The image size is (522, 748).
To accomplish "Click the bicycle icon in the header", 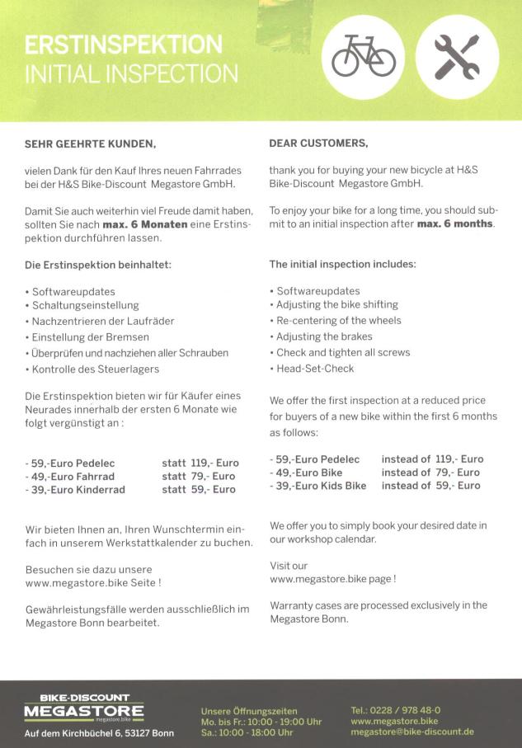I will (363, 56).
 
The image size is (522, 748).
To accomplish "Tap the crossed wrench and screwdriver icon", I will (457, 56).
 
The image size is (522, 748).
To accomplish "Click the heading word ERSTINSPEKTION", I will (124, 45).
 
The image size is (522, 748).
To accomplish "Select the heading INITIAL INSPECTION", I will (131, 74).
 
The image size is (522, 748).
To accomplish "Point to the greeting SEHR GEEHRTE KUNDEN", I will (91, 143).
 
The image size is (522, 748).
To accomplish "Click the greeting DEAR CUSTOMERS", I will (318, 143).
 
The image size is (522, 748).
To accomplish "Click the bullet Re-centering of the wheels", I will (338, 321).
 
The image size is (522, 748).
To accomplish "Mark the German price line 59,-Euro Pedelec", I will (71, 463).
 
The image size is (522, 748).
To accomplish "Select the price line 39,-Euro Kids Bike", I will (319, 486).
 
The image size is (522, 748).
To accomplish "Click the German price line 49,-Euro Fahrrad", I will (71, 476).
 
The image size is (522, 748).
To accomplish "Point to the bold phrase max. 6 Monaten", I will (139, 224).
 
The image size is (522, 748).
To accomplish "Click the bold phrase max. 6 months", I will (455, 224).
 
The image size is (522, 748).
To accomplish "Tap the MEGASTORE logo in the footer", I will (83, 708).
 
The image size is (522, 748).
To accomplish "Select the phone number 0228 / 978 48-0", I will (396, 709).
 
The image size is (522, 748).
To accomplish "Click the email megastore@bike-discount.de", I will (412, 732).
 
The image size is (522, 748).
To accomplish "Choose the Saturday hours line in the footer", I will (247, 732).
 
